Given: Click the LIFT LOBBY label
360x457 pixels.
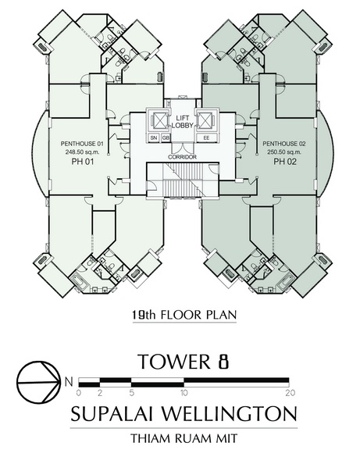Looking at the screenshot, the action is pyautogui.click(x=182, y=122).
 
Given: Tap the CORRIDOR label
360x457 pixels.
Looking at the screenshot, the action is pyautogui.click(x=182, y=157).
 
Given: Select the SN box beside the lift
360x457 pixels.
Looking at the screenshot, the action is pyautogui.click(x=154, y=137).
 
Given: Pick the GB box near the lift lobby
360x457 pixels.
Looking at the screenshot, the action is pyautogui.click(x=165, y=137).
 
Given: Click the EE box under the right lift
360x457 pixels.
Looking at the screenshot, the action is pyautogui.click(x=206, y=137).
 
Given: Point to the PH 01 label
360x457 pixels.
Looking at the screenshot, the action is pyautogui.click(x=83, y=162).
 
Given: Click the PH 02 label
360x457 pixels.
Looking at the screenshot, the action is pyautogui.click(x=284, y=162).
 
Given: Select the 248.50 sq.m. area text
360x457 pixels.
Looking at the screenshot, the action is pyautogui.click(x=82, y=152).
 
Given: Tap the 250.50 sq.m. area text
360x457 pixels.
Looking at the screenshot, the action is pyautogui.click(x=284, y=152).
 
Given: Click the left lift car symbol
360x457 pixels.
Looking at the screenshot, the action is pyautogui.click(x=158, y=120).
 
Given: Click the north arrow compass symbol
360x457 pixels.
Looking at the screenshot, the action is pyautogui.click(x=37, y=382).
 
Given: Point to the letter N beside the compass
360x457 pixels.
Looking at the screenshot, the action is pyautogui.click(x=69, y=382).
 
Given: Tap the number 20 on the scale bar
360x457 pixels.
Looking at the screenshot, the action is pyautogui.click(x=290, y=393).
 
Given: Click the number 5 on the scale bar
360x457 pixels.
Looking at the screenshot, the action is pyautogui.click(x=132, y=393).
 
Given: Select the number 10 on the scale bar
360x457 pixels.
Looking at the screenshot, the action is pyautogui.click(x=184, y=393).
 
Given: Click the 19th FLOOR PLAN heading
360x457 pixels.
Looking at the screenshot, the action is pyautogui.click(x=184, y=315).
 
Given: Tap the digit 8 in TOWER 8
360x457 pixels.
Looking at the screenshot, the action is pyautogui.click(x=223, y=362).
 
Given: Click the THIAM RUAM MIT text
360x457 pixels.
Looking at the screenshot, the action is pyautogui.click(x=184, y=438).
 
